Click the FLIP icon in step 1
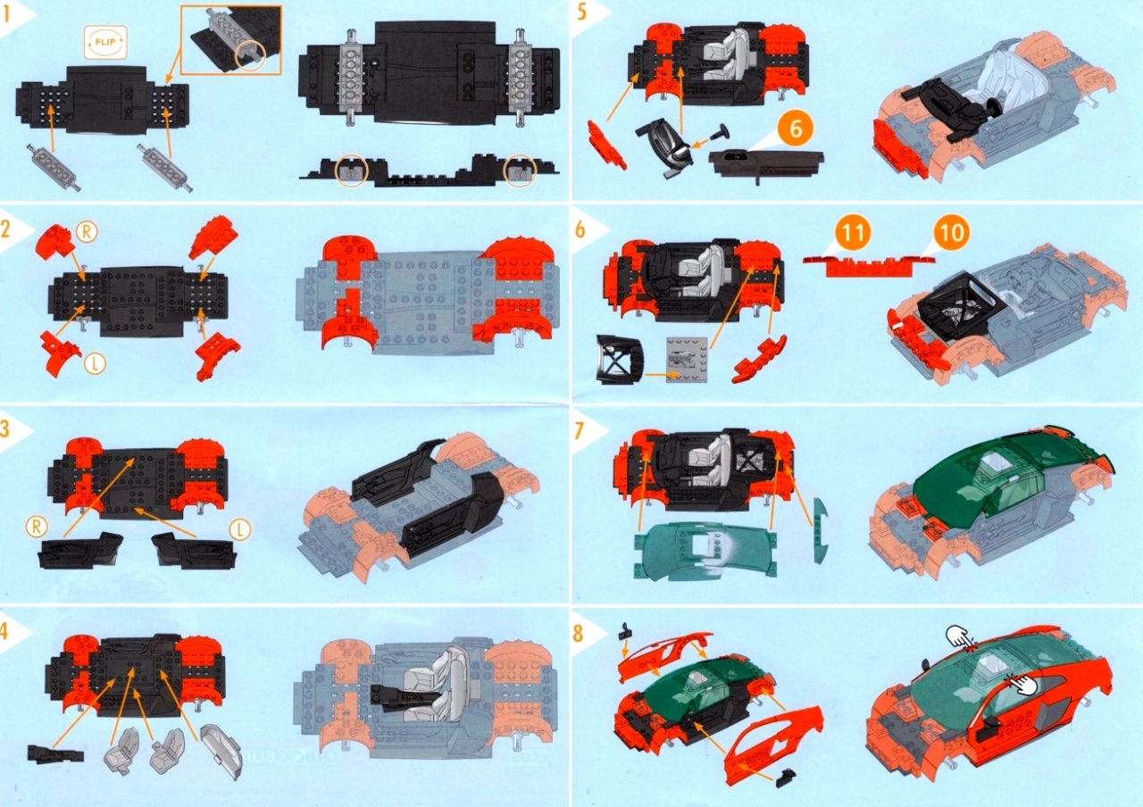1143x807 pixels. pyautogui.click(x=105, y=42)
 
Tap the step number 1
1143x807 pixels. pyautogui.click(x=6, y=15)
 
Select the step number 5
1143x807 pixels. pyautogui.click(x=581, y=12)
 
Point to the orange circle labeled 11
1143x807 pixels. pyautogui.click(x=853, y=233)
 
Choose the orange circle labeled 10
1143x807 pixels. pyautogui.click(x=951, y=233)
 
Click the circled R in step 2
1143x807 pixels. pyautogui.click(x=87, y=232)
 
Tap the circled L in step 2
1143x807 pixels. pyautogui.click(x=95, y=363)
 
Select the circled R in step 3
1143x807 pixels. pyautogui.click(x=37, y=527)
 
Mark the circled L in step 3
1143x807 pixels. pyautogui.click(x=240, y=530)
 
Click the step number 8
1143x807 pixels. pyautogui.click(x=578, y=634)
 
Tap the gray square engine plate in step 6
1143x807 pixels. pyautogui.click(x=687, y=360)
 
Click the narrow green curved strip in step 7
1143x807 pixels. pyautogui.click(x=821, y=529)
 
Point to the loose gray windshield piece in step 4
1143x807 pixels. pyautogui.click(x=221, y=752)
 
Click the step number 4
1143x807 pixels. pyautogui.click(x=4, y=631)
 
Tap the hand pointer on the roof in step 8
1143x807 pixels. pyautogui.click(x=960, y=638)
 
